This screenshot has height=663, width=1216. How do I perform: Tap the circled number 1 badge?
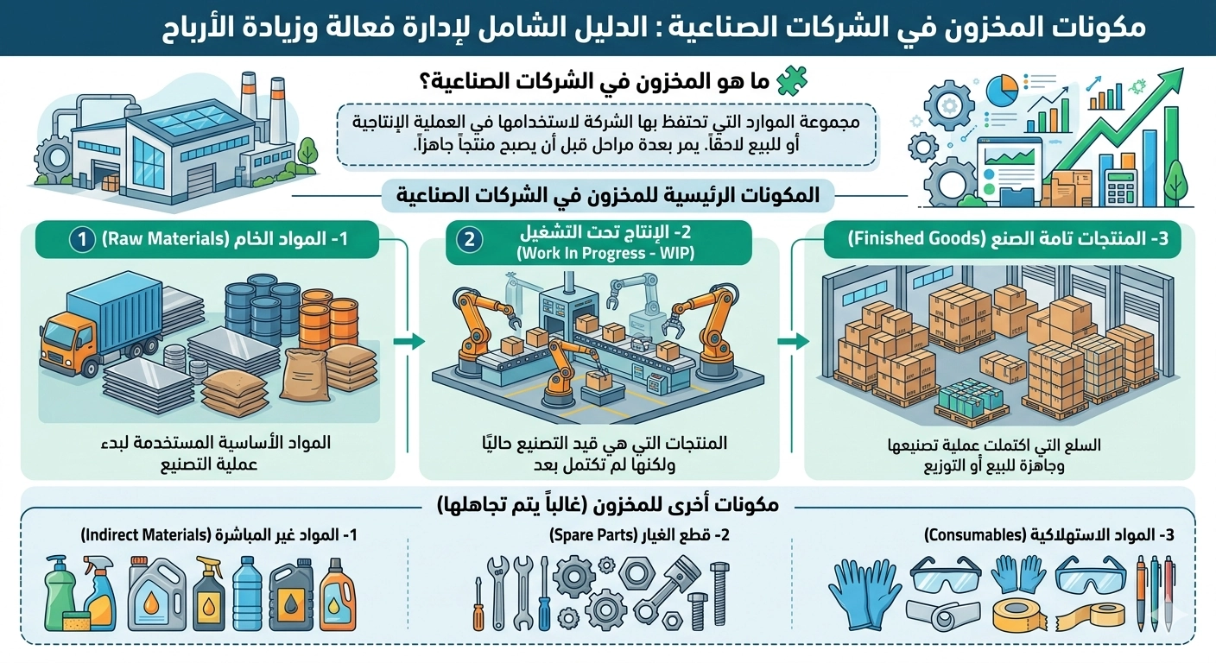pos(82,239)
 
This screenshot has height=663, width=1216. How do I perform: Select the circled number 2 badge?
pos(469,239)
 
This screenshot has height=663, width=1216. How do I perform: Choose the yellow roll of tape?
pos(1018,614)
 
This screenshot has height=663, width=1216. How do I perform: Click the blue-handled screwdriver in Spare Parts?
pos(544,595)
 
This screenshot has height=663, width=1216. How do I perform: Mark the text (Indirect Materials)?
pos(150,535)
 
